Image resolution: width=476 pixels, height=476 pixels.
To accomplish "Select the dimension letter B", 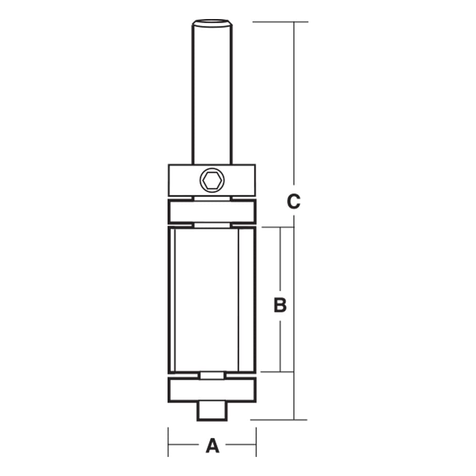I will pyautogui.click(x=280, y=305).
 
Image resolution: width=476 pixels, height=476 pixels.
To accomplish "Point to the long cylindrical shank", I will pyautogui.click(x=212, y=95).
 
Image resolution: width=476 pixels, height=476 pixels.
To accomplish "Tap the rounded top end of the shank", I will pyautogui.click(x=212, y=21).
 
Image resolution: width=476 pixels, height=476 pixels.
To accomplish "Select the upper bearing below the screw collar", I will pyautogui.click(x=212, y=211).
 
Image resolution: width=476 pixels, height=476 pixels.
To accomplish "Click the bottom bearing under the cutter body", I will pyautogui.click(x=212, y=390).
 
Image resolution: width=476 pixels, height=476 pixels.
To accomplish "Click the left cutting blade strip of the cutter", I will pyautogui.click(x=172, y=299).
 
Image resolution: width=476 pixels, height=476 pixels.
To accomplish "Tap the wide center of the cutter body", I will pyautogui.click(x=207, y=299).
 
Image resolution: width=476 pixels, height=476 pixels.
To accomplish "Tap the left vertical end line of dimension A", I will pyautogui.click(x=168, y=442).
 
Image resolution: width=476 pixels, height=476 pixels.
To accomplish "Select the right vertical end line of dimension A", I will pyautogui.click(x=256, y=442).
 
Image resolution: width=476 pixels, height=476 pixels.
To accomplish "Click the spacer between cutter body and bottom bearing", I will pyautogui.click(x=212, y=376).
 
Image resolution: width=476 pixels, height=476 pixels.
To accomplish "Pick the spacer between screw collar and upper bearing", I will pyautogui.click(x=212, y=197).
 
